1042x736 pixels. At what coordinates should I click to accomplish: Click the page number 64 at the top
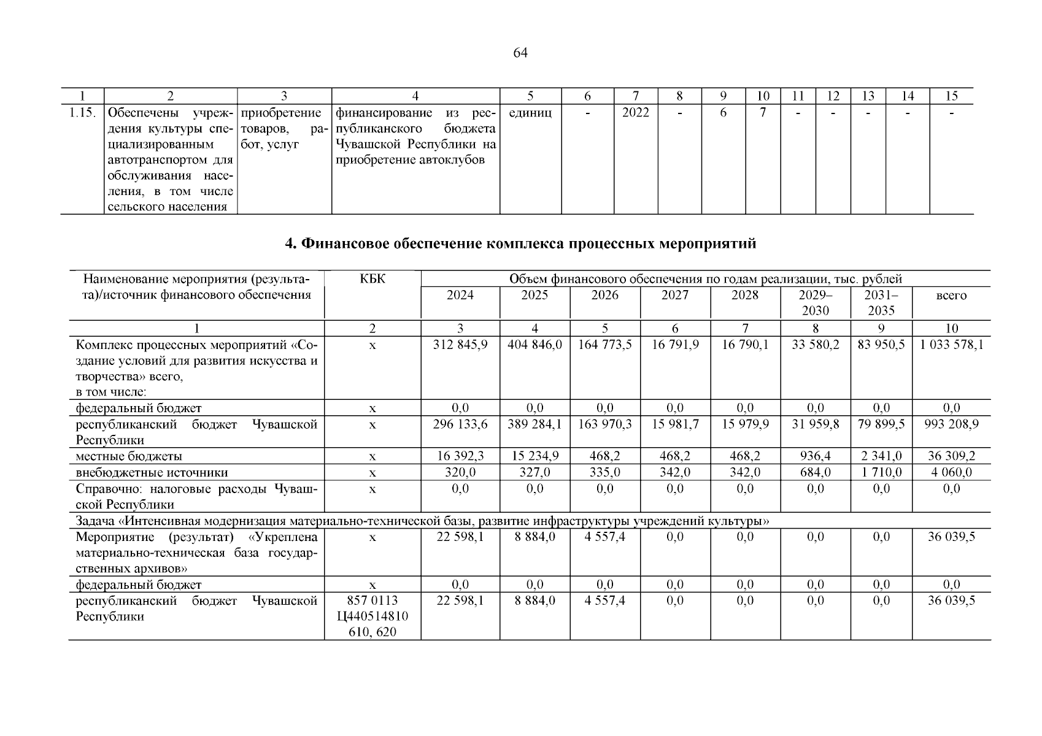(x=520, y=53)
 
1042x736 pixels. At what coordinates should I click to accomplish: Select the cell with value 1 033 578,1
(x=951, y=345)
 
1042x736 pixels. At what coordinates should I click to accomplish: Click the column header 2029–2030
(x=815, y=302)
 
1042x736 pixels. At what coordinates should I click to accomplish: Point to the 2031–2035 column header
(x=881, y=302)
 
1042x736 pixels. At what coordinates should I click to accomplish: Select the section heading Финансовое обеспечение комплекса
(x=520, y=244)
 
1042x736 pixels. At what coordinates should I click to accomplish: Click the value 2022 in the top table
(x=635, y=113)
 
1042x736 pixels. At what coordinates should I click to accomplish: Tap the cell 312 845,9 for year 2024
(x=460, y=345)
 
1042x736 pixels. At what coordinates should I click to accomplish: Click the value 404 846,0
(x=535, y=345)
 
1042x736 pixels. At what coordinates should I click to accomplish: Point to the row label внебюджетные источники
(x=152, y=472)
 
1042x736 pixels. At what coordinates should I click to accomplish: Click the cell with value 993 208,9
(x=951, y=424)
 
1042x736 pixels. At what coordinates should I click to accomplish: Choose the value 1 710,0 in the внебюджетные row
(x=881, y=472)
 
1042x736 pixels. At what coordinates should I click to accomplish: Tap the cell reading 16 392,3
(x=460, y=456)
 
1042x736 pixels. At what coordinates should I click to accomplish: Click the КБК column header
(x=372, y=279)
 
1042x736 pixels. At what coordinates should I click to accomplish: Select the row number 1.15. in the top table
(x=82, y=113)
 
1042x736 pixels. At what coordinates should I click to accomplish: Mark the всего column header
(x=951, y=296)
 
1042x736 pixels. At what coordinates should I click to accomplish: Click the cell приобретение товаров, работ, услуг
(x=284, y=129)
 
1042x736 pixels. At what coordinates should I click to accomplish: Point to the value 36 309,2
(x=951, y=456)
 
